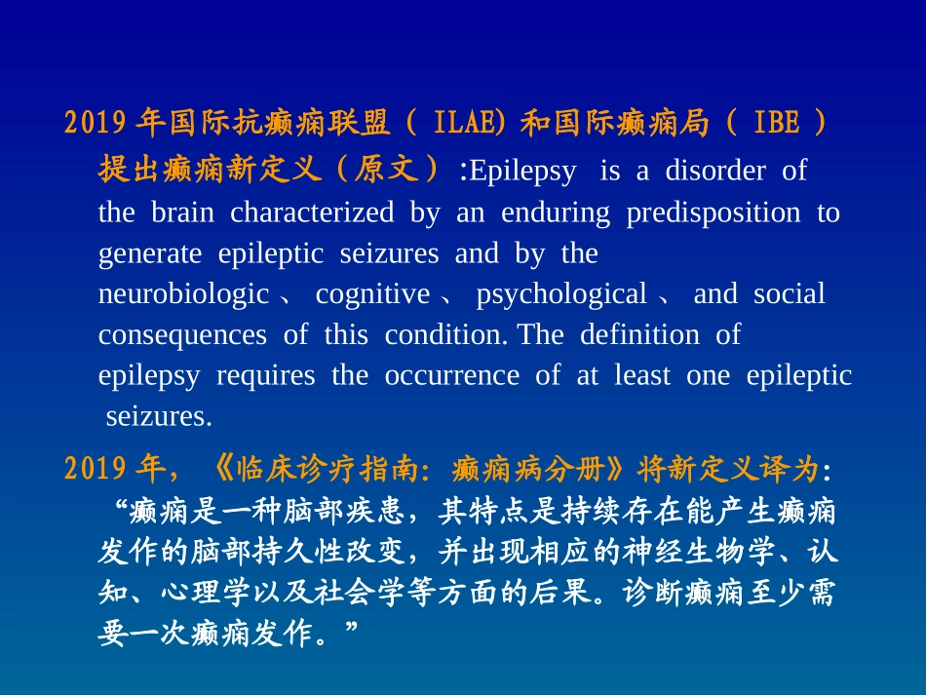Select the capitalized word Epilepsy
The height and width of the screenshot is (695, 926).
[x=523, y=171]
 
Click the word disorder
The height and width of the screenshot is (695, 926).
[x=715, y=171]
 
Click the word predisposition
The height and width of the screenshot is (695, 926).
[x=713, y=212]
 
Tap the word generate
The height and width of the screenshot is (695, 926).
[x=150, y=253]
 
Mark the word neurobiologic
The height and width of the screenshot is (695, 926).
[x=183, y=293]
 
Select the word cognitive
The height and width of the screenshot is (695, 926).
[x=372, y=293]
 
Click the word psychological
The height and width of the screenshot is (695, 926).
[x=561, y=293]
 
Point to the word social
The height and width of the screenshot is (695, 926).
[x=789, y=293]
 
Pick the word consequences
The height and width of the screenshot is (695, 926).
[x=182, y=334]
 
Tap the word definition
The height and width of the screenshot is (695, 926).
[x=639, y=334]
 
